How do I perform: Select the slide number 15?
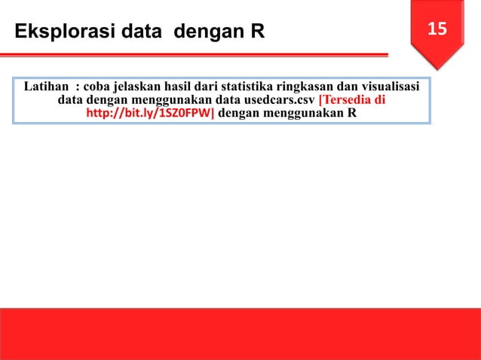click(x=437, y=29)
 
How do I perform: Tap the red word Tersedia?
click(x=348, y=100)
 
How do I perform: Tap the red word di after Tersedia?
click(x=381, y=100)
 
